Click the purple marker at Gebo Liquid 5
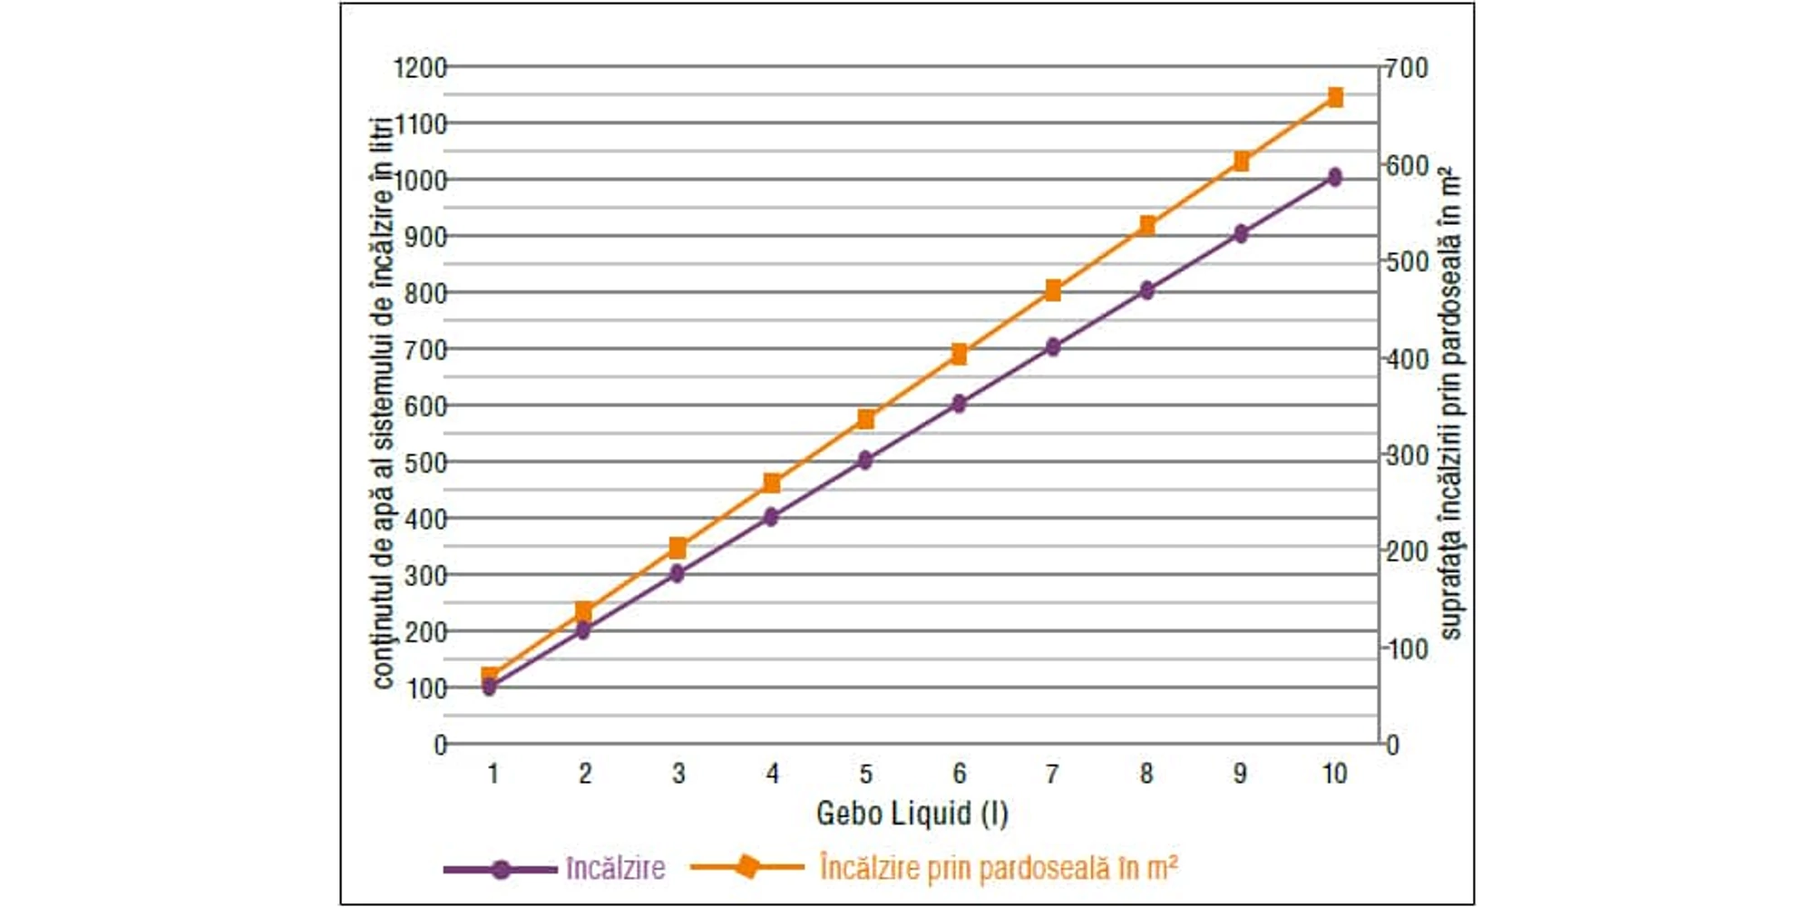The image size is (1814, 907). [865, 460]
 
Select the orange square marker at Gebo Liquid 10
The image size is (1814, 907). [1335, 97]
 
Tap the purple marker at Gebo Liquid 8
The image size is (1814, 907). [1147, 290]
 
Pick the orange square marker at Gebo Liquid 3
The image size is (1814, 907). [678, 548]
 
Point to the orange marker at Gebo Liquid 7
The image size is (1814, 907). [1053, 290]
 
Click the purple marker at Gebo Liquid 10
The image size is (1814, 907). [1335, 177]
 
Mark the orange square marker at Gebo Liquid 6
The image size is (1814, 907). [960, 355]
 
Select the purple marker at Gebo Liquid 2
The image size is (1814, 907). [583, 629]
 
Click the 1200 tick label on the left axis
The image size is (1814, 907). [420, 68]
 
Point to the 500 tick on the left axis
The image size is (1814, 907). [425, 463]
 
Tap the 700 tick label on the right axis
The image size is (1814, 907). [1407, 68]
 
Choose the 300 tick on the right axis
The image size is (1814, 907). [1407, 455]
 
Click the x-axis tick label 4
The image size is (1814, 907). [772, 774]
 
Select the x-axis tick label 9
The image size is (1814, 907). [1240, 774]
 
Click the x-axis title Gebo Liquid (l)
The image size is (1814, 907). [912, 813]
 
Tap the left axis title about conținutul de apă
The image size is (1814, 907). [384, 404]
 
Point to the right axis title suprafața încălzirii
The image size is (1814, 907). [1451, 404]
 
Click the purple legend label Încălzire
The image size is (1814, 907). [615, 868]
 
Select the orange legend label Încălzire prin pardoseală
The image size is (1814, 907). [998, 868]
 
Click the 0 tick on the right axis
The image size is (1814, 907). [1392, 746]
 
